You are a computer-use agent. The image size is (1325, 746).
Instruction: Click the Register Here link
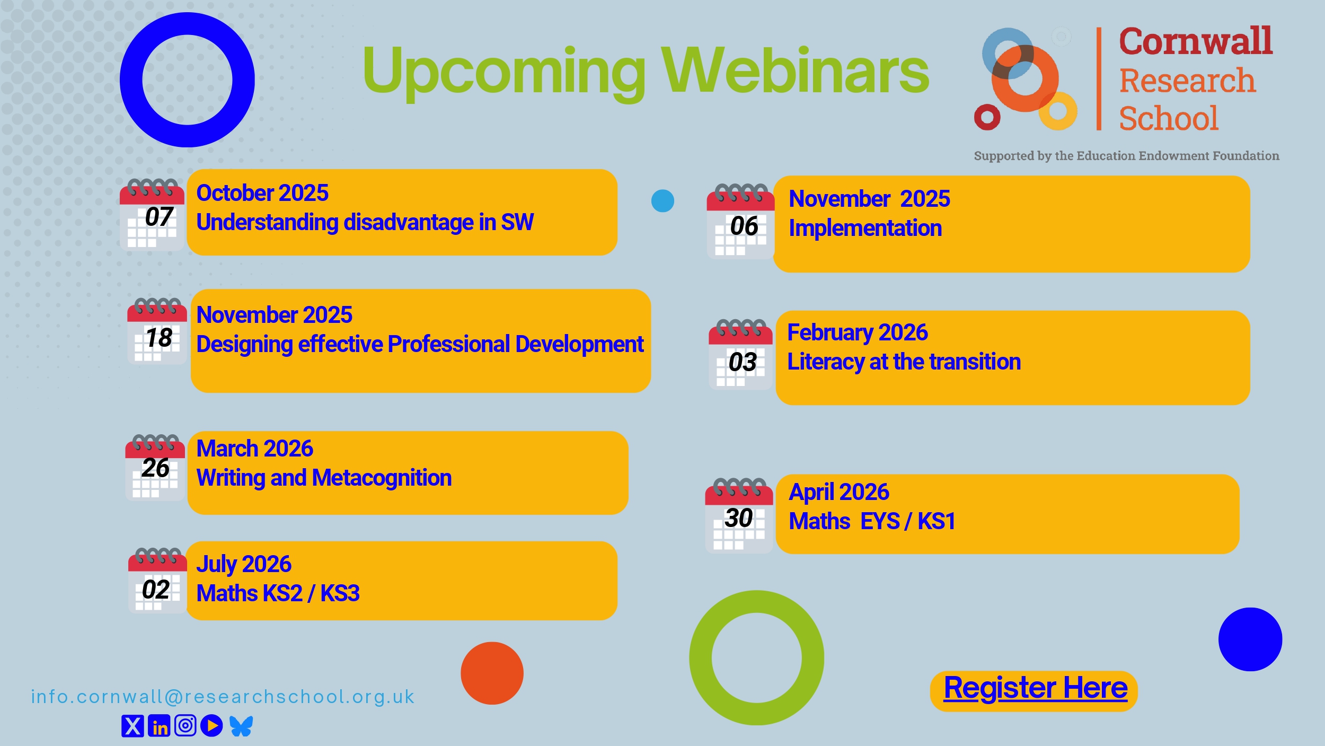coord(1035,688)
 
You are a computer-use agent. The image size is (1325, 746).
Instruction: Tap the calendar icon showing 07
coord(152,215)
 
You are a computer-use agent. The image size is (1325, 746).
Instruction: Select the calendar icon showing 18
coord(157,331)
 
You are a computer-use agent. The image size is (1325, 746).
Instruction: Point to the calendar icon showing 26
coord(155,468)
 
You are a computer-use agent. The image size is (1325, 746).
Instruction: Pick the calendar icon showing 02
coord(157,581)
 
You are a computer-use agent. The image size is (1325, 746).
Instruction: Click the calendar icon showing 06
coord(740,222)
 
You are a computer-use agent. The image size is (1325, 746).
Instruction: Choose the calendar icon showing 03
coord(741,354)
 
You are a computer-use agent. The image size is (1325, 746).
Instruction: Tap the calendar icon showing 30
coord(739,516)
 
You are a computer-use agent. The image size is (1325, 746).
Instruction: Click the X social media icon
coord(132,726)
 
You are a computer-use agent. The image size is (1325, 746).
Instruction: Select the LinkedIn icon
coord(159,726)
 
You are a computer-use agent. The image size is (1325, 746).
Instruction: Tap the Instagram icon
coord(185,725)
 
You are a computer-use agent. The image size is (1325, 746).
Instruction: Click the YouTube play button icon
coord(212,726)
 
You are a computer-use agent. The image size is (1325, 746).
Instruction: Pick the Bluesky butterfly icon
coord(241,726)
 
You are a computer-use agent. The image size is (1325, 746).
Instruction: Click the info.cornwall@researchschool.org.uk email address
coord(223,697)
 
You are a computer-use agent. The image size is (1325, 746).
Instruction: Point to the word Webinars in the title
coord(795,71)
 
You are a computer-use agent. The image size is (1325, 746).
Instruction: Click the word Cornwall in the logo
coord(1195,41)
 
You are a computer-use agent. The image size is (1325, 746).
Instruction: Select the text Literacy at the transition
coord(904,362)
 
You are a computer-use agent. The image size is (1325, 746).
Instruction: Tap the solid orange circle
coord(492,673)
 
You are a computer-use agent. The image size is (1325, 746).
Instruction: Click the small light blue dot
coord(662,201)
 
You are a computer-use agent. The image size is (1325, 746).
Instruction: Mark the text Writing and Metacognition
coord(324,478)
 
